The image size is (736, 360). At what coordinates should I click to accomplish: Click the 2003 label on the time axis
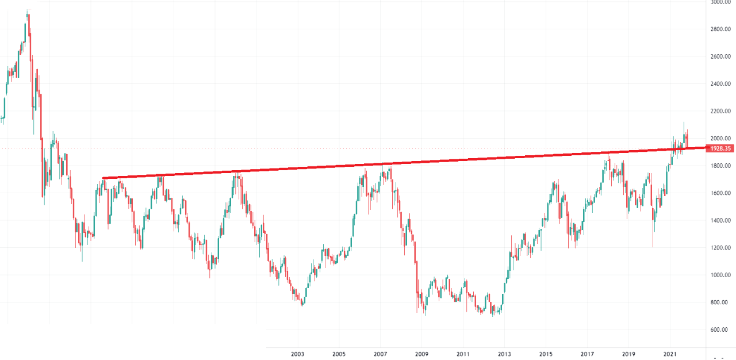297,355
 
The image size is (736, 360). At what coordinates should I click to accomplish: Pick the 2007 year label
380,355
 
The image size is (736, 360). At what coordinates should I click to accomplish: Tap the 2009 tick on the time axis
421,355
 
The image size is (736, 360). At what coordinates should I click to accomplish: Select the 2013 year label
504,355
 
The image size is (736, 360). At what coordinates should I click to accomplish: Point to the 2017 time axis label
587,355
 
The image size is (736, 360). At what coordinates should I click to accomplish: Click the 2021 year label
670,355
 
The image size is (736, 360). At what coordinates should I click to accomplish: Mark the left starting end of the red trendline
103,178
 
